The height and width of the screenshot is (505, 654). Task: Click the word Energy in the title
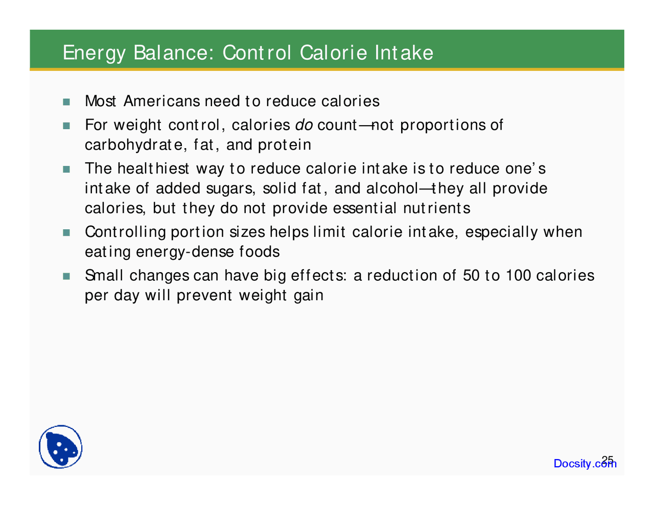pos(94,53)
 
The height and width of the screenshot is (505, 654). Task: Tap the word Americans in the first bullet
pos(161,101)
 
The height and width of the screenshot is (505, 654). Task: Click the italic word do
pos(304,125)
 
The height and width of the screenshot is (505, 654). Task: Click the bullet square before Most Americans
pos(66,102)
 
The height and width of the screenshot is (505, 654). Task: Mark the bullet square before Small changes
pos(66,276)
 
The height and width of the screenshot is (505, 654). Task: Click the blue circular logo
pos(61,447)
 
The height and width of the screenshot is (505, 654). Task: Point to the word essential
pos(364,208)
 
